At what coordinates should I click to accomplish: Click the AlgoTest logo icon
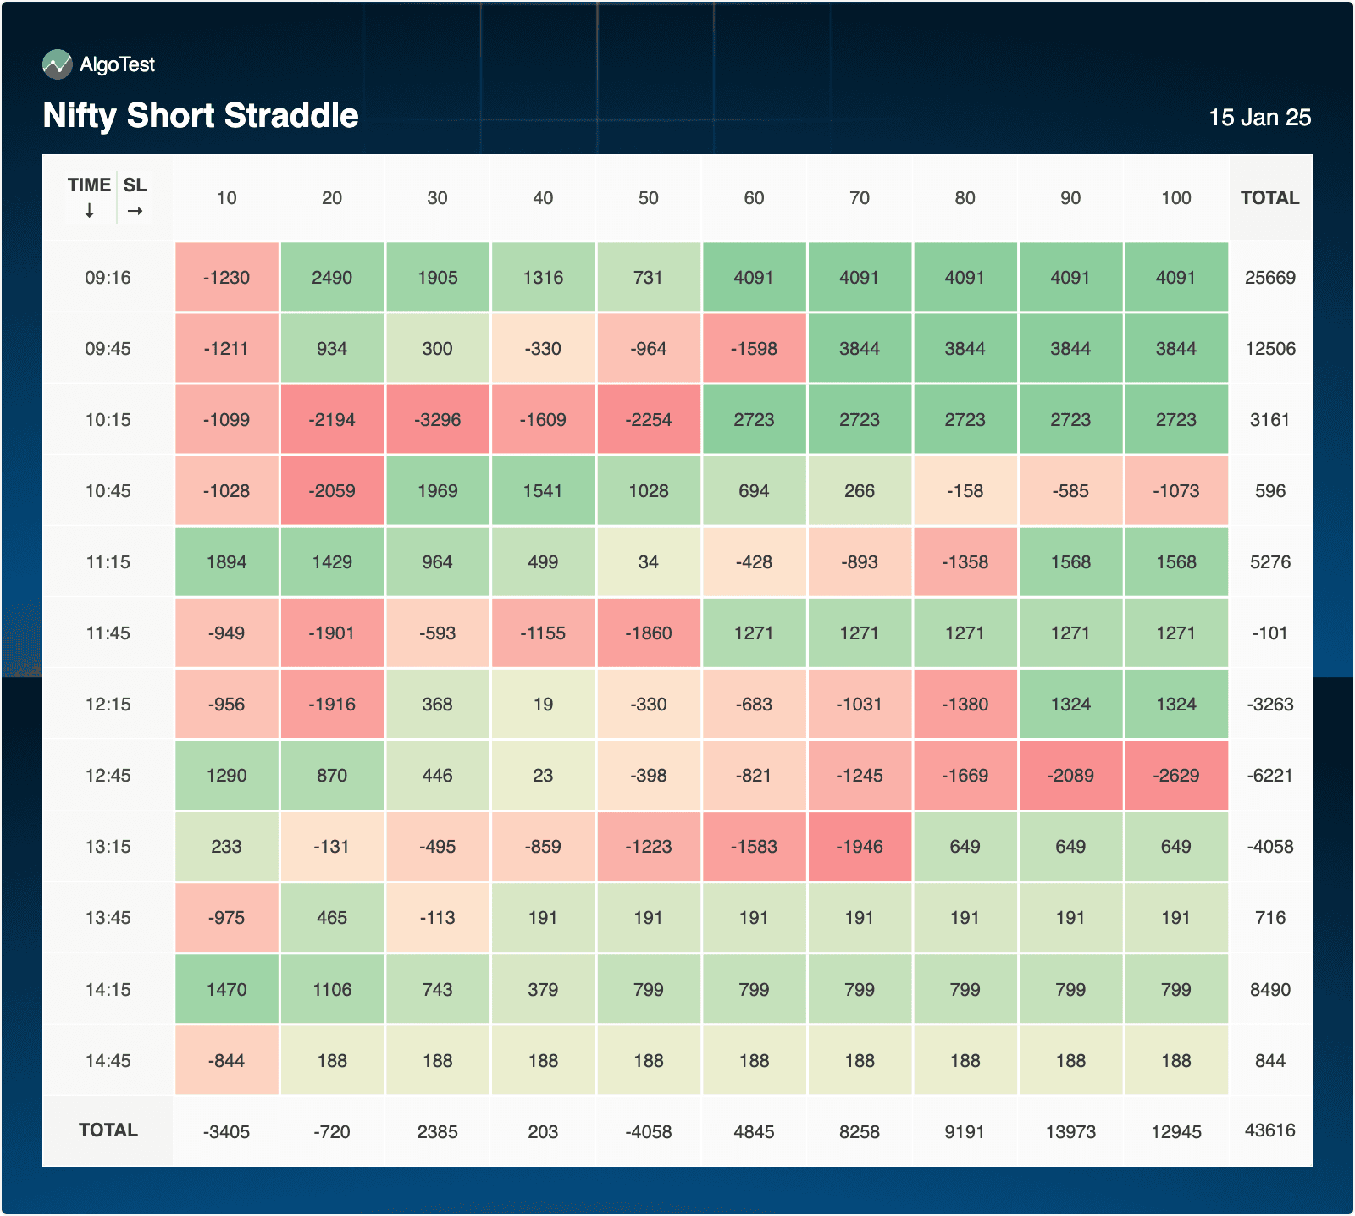click(x=58, y=64)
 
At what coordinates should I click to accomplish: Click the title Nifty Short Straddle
click(x=201, y=116)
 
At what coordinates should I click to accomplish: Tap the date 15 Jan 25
click(x=1259, y=118)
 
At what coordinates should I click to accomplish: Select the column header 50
click(x=648, y=198)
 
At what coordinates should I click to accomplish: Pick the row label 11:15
click(x=108, y=562)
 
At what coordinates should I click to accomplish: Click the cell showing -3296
click(x=437, y=420)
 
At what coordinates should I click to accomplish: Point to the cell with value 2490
click(x=332, y=278)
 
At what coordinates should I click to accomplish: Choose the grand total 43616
click(x=1269, y=1130)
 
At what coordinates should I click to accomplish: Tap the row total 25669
click(x=1269, y=278)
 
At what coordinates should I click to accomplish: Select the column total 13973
click(x=1070, y=1132)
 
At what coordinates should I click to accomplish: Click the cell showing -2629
click(x=1175, y=776)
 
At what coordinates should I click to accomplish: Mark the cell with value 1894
click(x=226, y=562)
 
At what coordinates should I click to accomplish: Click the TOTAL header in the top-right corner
click(x=1269, y=198)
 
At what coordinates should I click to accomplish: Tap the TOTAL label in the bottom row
click(x=108, y=1130)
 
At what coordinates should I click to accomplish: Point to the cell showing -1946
click(x=859, y=847)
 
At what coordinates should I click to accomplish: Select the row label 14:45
click(x=108, y=1061)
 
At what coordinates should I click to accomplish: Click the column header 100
click(x=1175, y=198)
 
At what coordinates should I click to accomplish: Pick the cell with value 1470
click(x=226, y=990)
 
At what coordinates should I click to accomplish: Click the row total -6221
click(x=1269, y=776)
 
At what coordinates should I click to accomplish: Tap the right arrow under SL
click(x=135, y=211)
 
